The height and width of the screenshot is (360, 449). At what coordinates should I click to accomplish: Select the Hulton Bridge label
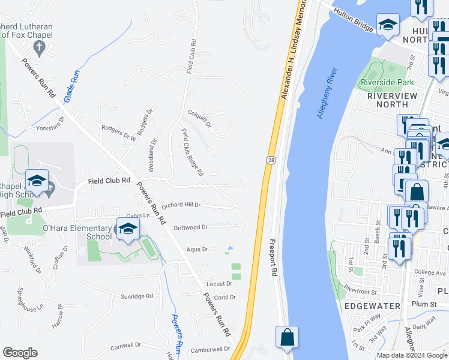pos(355,19)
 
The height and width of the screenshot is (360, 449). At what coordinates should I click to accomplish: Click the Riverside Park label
pos(388,82)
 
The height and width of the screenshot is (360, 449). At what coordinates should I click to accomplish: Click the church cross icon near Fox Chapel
pos(40,47)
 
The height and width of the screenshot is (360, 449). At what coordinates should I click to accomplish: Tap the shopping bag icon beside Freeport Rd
pos(288,337)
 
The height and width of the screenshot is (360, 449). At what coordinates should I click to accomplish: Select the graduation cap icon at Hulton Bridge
pos(388,25)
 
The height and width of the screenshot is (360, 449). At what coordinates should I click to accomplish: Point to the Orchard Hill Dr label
pos(180,205)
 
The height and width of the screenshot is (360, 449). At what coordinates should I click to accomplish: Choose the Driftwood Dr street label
pos(190,227)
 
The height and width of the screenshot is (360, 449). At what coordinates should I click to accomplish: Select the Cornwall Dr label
pos(125,345)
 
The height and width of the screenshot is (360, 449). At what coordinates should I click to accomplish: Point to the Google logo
pos(20,353)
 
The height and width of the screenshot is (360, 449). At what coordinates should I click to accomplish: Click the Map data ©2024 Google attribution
pos(411,355)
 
